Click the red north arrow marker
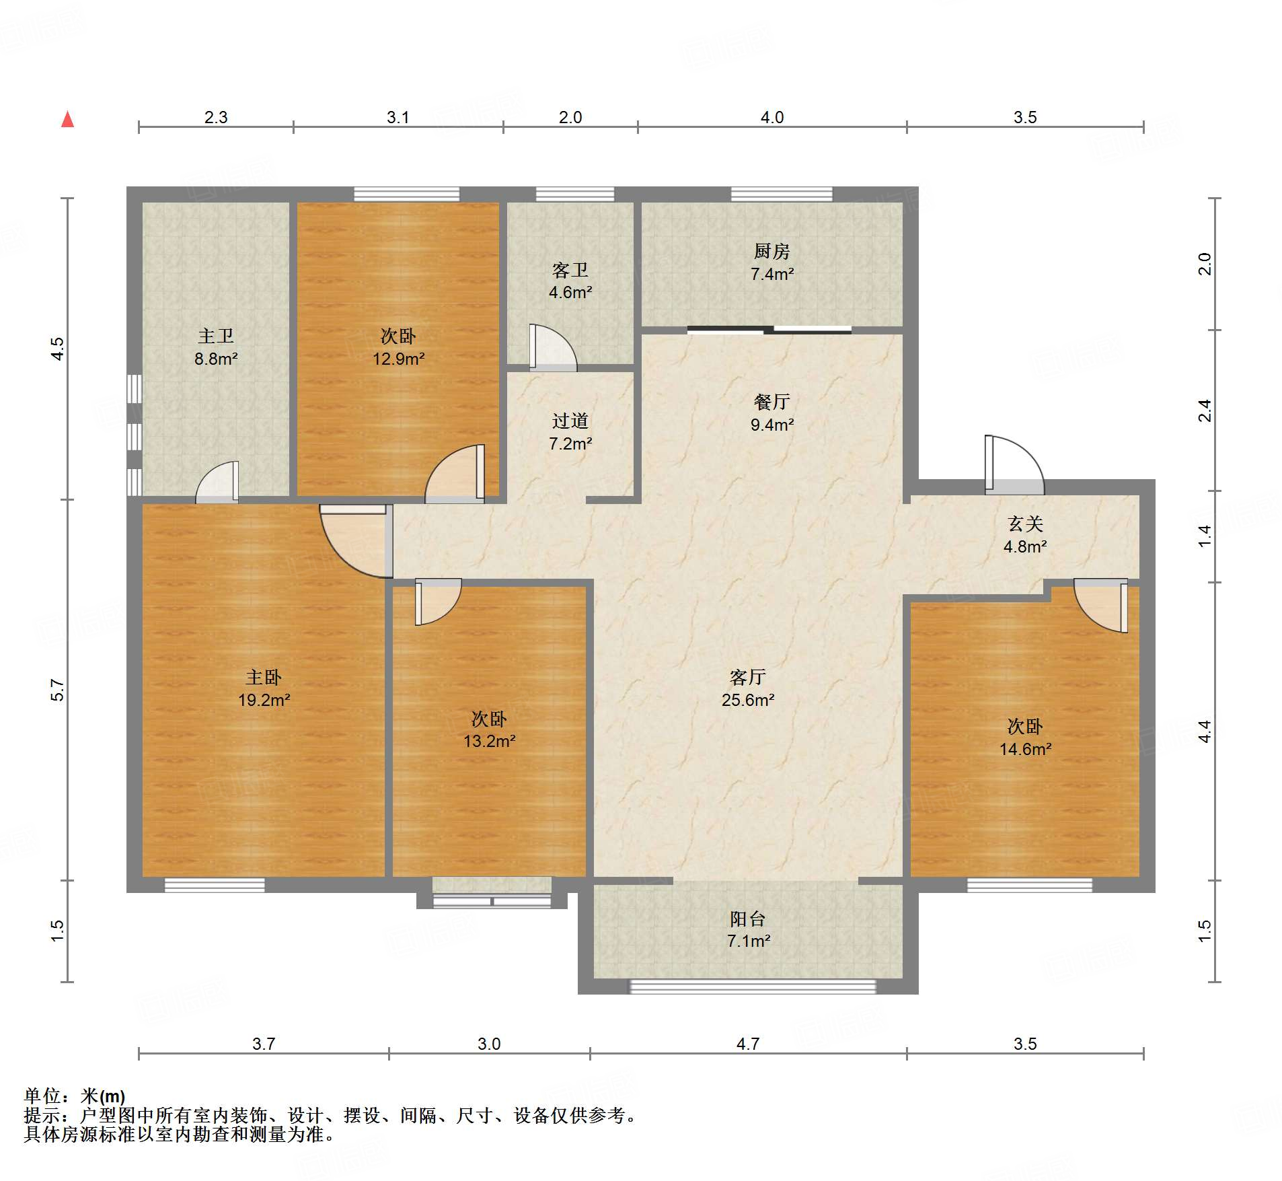tap(67, 119)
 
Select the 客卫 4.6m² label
tap(570, 281)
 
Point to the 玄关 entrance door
tap(1014, 465)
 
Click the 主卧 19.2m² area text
tap(264, 688)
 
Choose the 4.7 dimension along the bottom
tap(747, 1044)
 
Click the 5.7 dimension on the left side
tap(57, 690)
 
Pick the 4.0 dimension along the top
tap(771, 117)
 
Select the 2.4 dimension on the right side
tap(1205, 410)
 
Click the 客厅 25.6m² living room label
tap(748, 688)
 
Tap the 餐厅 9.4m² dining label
tap(771, 413)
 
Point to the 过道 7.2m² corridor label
tap(570, 432)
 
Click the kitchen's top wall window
tap(782, 194)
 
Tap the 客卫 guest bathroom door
tap(553, 347)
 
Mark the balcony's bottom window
tap(752, 987)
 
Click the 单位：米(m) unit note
tap(75, 1096)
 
